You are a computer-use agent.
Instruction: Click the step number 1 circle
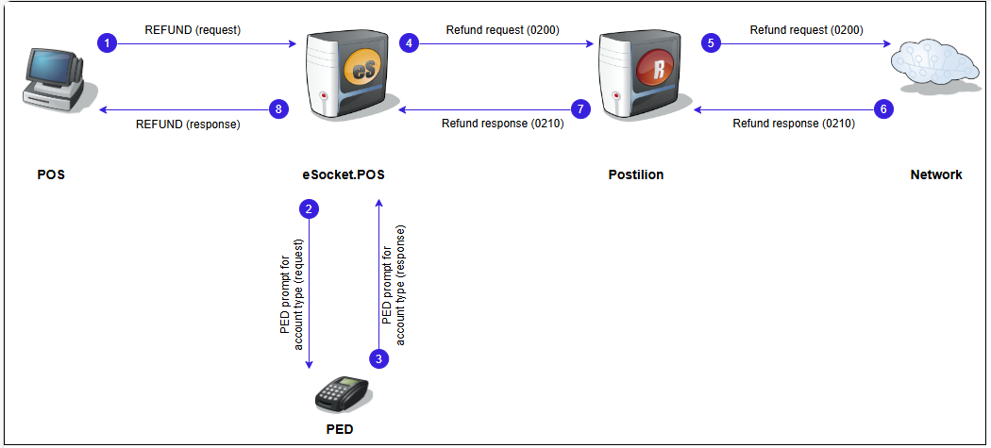pos(109,43)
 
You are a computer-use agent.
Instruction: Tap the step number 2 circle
pos(308,210)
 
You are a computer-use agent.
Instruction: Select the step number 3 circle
pos(378,358)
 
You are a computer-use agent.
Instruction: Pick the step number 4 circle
pos(409,43)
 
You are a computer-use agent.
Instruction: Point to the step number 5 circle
pos(712,43)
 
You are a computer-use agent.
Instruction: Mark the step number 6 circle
pos(883,109)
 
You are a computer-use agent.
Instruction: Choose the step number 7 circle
pos(580,109)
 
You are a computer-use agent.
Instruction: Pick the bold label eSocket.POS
pos(344,175)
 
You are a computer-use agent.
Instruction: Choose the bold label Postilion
pos(636,175)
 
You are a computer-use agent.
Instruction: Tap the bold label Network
pos(936,175)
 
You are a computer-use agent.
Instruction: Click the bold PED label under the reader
pos(340,428)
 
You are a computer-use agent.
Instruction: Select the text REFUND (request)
pos(193,30)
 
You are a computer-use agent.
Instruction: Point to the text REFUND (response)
pos(188,124)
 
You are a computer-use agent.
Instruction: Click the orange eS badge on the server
pos(361,69)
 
